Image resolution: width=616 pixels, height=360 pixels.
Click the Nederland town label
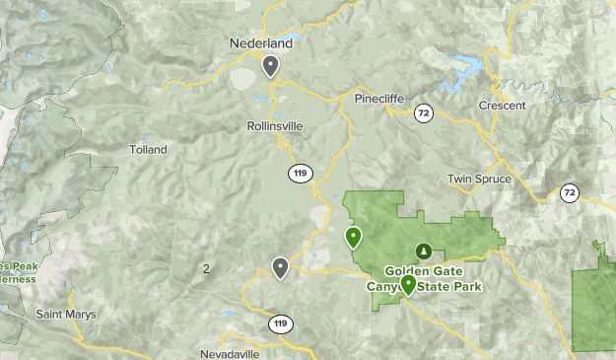pyautogui.click(x=261, y=44)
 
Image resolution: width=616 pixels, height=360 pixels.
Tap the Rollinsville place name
pyautogui.click(x=275, y=126)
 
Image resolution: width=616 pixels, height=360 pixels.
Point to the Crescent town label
pyautogui.click(x=501, y=106)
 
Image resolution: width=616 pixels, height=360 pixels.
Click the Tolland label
pyautogui.click(x=148, y=150)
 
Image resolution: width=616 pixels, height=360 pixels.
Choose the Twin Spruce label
pyautogui.click(x=479, y=179)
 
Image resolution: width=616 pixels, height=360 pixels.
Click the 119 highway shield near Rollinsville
pyautogui.click(x=301, y=174)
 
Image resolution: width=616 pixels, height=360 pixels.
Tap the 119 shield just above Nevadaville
pyautogui.click(x=281, y=324)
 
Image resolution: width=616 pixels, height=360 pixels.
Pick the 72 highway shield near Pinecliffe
pyautogui.click(x=423, y=112)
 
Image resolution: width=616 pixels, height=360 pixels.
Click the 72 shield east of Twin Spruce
pyautogui.click(x=570, y=192)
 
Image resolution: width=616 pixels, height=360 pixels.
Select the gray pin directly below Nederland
pyautogui.click(x=270, y=66)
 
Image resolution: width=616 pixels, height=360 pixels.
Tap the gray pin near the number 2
pyautogui.click(x=281, y=267)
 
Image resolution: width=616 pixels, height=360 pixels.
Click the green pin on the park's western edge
pyautogui.click(x=353, y=237)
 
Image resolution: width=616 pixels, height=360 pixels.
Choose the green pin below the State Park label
pyautogui.click(x=408, y=285)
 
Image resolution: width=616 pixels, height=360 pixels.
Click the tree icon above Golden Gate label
pyautogui.click(x=424, y=251)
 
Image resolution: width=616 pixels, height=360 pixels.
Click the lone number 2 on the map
pyautogui.click(x=206, y=268)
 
